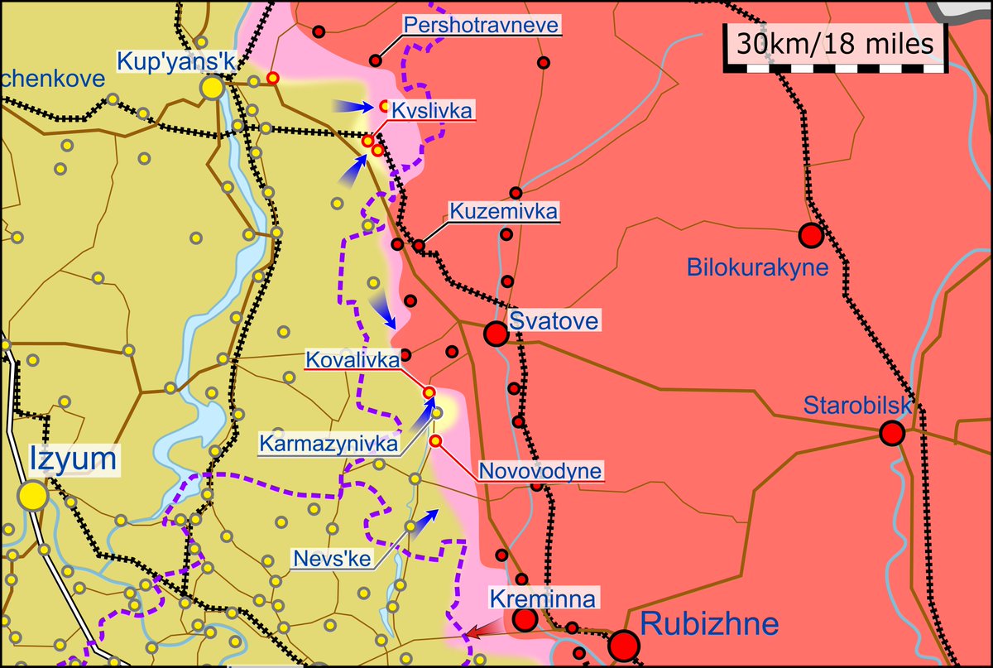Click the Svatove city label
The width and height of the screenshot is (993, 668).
(553, 321)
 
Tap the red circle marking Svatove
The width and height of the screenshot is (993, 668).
(496, 334)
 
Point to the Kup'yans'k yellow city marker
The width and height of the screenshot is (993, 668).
(213, 87)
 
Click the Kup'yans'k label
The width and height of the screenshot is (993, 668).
(166, 60)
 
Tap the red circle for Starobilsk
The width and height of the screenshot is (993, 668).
(891, 433)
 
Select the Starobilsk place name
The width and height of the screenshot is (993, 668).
(857, 406)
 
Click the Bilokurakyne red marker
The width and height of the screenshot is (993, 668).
(811, 236)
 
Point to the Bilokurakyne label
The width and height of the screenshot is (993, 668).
(758, 267)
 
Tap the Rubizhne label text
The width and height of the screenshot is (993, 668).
(710, 623)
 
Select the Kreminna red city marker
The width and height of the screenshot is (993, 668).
(525, 620)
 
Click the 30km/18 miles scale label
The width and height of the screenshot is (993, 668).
(836, 44)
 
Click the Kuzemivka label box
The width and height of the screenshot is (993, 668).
(504, 211)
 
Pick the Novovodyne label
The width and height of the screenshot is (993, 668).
(541, 472)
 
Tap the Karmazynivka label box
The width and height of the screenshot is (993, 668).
(329, 443)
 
